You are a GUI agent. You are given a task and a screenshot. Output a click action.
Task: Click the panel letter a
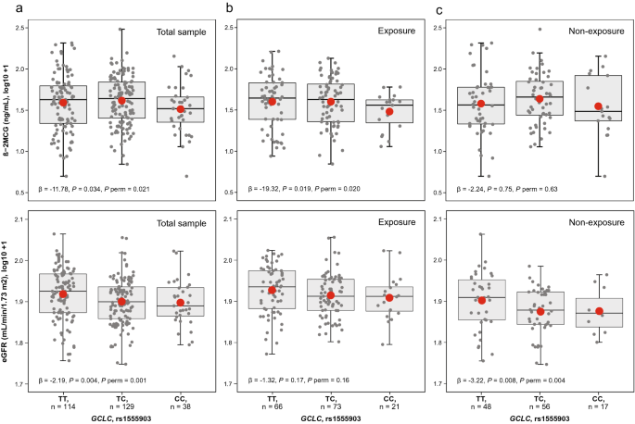coord(19,8)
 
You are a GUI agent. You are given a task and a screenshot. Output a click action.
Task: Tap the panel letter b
coord(230,7)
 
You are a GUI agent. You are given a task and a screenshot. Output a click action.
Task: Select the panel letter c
coord(439,10)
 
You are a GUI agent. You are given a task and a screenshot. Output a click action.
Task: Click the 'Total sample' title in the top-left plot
coord(182,32)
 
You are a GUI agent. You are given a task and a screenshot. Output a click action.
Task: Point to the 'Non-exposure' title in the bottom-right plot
coord(596,222)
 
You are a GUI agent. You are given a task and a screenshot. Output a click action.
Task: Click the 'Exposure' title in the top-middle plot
coord(397,31)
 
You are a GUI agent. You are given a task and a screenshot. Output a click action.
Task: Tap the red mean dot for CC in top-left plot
coord(180,109)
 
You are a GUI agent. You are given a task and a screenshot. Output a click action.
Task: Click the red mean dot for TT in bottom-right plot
coord(481,300)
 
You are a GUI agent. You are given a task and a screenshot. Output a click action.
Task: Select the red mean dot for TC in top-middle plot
coord(331,102)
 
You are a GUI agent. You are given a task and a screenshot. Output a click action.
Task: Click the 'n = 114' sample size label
coord(63,406)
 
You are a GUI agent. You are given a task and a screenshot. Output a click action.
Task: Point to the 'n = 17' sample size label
coord(598,406)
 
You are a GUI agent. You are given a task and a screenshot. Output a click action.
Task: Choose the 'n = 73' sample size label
coord(330,406)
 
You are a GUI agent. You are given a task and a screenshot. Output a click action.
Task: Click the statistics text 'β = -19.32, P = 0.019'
coord(277,189)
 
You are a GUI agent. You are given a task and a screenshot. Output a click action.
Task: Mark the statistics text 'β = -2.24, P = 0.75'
coord(484,189)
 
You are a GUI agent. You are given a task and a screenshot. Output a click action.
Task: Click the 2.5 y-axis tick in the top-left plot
coord(21,28)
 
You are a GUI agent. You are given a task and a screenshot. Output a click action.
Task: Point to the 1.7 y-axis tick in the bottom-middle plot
coord(228,383)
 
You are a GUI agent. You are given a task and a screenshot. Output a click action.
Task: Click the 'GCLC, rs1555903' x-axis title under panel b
coord(330,418)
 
